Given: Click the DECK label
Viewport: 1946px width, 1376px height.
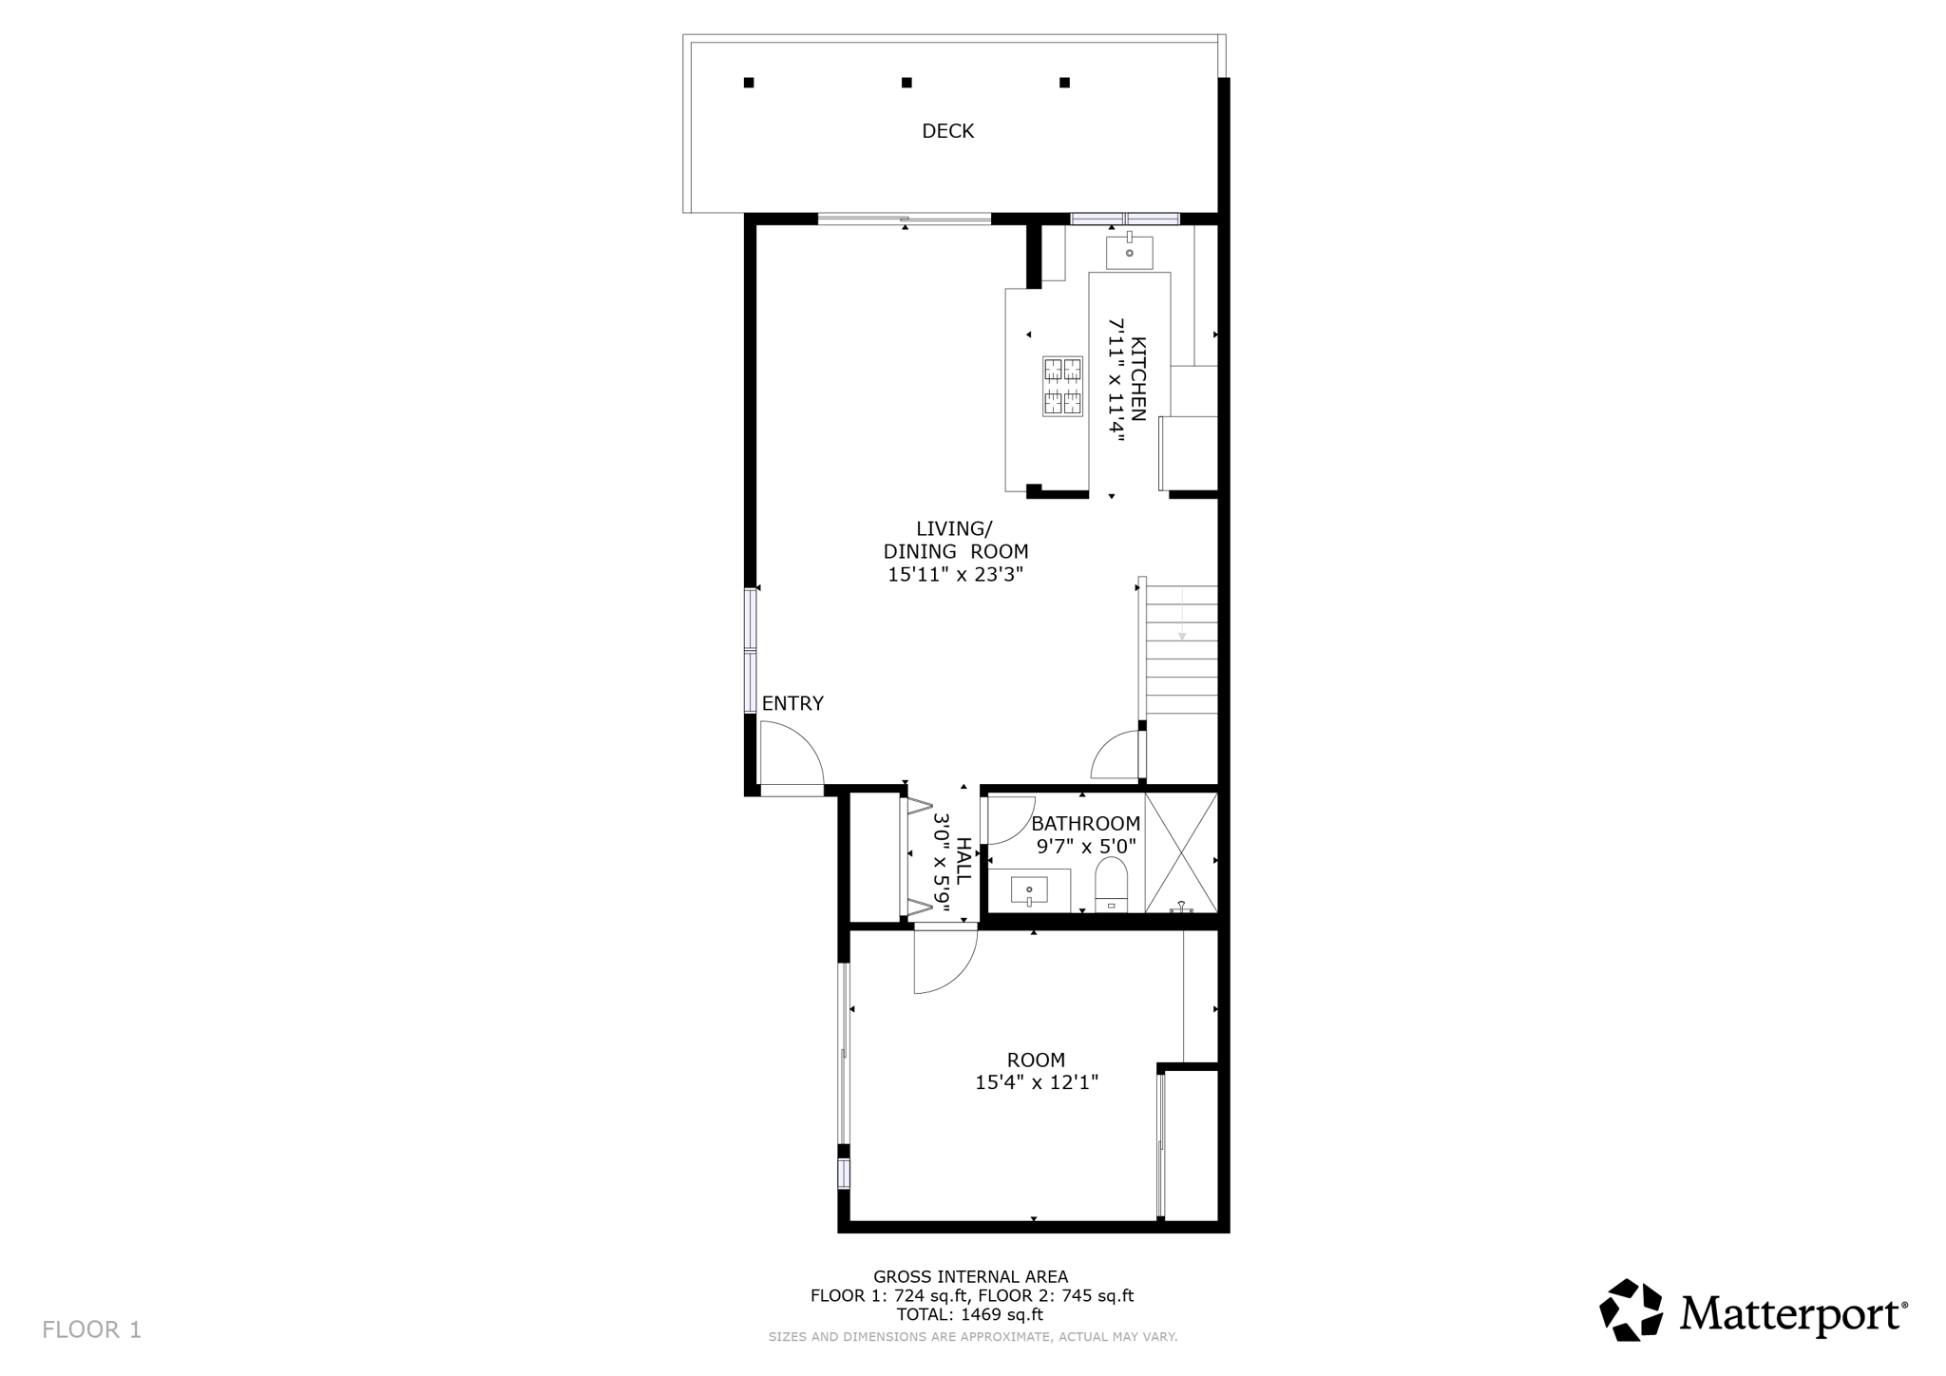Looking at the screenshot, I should [x=947, y=131].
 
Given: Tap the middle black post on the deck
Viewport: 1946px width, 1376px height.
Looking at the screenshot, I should [x=906, y=83].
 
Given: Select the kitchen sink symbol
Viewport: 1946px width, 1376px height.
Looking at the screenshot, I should [x=1129, y=253].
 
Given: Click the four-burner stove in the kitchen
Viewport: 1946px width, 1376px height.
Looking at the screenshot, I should [x=1062, y=386].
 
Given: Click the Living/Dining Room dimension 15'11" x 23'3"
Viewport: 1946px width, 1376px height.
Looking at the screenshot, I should [x=955, y=574].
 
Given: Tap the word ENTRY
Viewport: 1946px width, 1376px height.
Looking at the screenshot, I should [x=792, y=703].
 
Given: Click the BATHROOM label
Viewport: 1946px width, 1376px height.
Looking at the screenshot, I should [x=1085, y=824].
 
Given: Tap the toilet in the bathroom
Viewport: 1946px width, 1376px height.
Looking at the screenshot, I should [x=1111, y=883].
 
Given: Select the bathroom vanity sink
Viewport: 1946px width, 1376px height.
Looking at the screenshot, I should [x=1029, y=890].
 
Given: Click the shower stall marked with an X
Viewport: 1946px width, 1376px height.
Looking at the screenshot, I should [x=1181, y=852].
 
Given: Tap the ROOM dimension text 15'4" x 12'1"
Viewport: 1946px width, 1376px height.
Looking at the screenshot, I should [x=1036, y=1081].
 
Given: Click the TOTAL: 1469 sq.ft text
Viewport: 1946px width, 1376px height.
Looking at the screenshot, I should [x=969, y=1315].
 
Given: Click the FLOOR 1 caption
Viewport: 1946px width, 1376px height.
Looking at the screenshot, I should [x=91, y=1329].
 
